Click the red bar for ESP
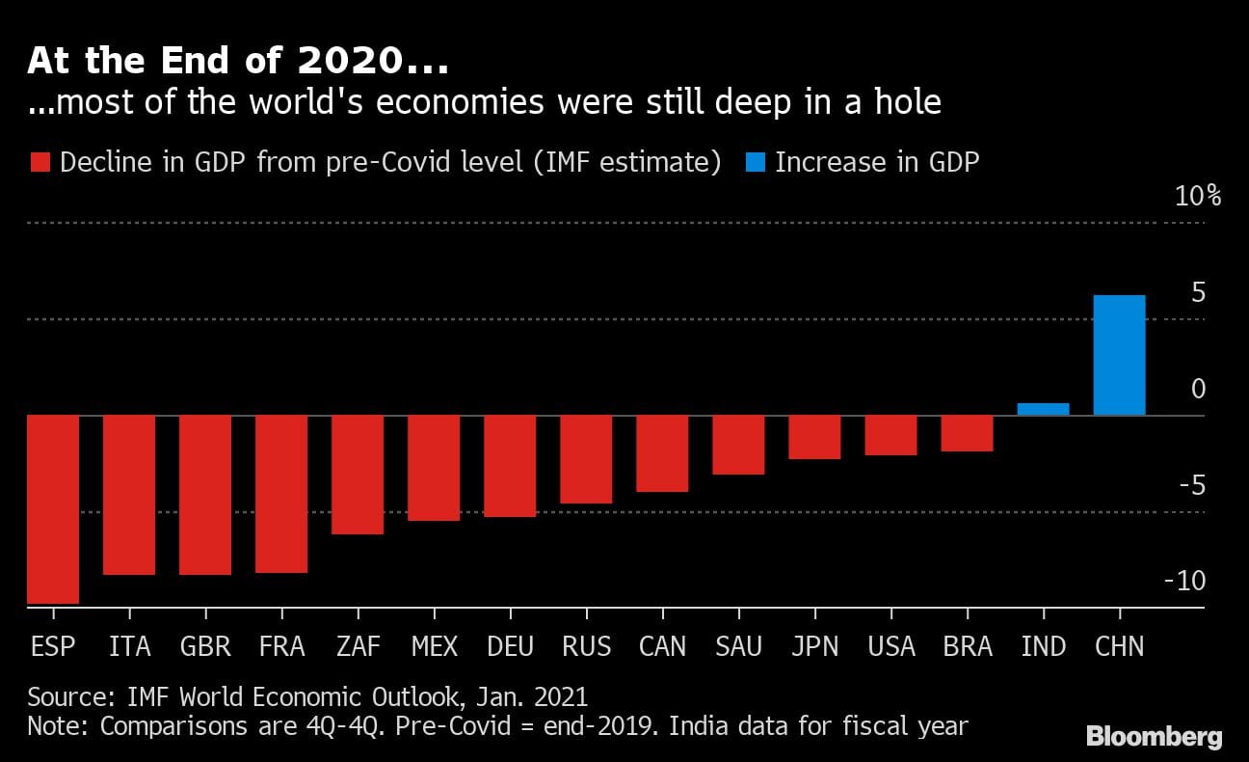(x=53, y=508)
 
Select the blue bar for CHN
(x=1119, y=355)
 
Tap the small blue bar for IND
(x=1043, y=409)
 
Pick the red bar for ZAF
(x=358, y=474)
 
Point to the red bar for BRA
(x=967, y=433)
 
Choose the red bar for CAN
(x=662, y=453)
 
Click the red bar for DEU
(x=510, y=466)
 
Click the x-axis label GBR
(x=205, y=646)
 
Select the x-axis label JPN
(x=814, y=646)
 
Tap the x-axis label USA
(x=890, y=646)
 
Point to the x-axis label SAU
(x=739, y=646)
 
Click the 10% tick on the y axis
(x=1198, y=197)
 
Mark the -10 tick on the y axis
(x=1184, y=581)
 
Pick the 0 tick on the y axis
(x=1198, y=389)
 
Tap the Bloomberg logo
(x=1154, y=738)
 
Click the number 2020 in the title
(x=345, y=61)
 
